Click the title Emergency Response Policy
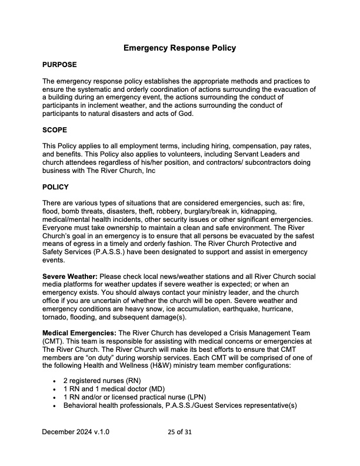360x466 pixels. pos(180,48)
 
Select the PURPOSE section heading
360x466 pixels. pos(59,64)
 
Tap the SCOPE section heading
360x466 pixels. pos(55,129)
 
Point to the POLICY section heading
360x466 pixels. pos(56,187)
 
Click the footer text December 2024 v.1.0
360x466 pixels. pos(75,431)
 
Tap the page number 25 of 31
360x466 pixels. pos(180,431)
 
